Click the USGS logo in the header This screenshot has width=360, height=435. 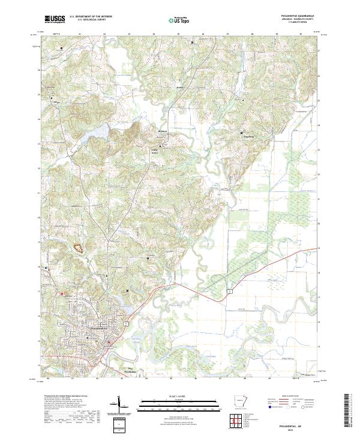[x=55, y=19]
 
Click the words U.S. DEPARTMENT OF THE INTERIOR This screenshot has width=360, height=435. [x=91, y=16]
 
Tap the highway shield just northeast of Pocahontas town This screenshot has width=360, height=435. [x=125, y=323]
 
